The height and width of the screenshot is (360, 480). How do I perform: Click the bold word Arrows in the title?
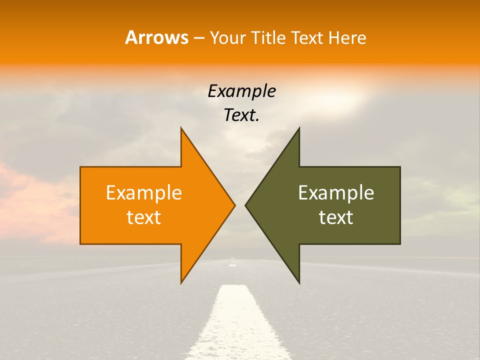pyautogui.click(x=156, y=37)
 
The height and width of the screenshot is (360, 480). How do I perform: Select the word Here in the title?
pyautogui.click(x=347, y=37)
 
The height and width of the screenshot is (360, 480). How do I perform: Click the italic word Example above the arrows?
pyautogui.click(x=241, y=91)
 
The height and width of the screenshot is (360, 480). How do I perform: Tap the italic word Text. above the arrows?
pyautogui.click(x=241, y=115)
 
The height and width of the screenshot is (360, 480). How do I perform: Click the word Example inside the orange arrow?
pyautogui.click(x=144, y=192)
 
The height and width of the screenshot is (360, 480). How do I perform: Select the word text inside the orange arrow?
pyautogui.click(x=144, y=217)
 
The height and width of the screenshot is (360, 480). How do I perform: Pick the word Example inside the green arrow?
pyautogui.click(x=336, y=192)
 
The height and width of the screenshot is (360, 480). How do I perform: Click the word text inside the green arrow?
pyautogui.click(x=336, y=217)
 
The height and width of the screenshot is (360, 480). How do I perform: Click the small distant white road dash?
pyautogui.click(x=232, y=264)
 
